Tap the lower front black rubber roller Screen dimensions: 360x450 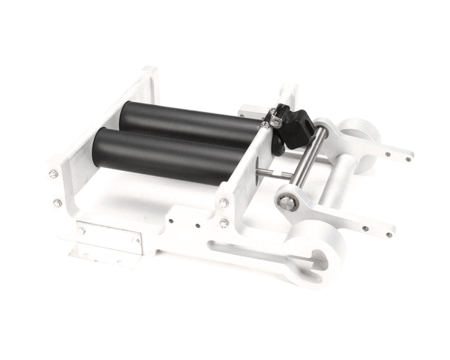click(165, 154)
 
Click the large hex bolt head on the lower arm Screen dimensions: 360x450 click(287, 202)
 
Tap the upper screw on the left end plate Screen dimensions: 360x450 click(54, 174)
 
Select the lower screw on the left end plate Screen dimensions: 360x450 click(57, 202)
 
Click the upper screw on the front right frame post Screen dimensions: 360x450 click(223, 202)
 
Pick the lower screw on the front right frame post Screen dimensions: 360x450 click(224, 223)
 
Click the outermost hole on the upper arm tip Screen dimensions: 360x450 click(408, 158)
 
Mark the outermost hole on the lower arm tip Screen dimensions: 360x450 click(388, 234)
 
